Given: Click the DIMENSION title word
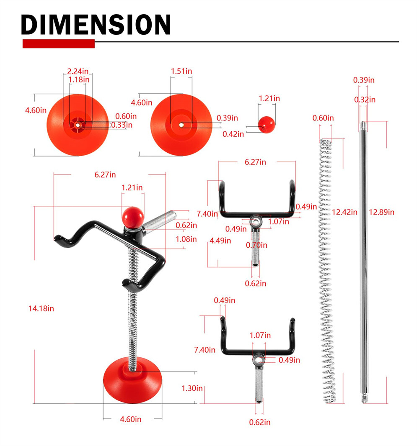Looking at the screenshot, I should [96, 25].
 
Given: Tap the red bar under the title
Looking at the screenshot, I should [59, 44].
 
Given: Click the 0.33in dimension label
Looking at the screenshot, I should [122, 125].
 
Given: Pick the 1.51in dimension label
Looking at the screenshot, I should [181, 71].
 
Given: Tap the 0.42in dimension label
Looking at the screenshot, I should [233, 134].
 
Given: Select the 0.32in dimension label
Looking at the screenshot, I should [364, 100].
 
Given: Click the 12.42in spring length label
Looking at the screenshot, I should [344, 212].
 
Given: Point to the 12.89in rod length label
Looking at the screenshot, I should [381, 212].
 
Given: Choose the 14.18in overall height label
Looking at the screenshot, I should [41, 309].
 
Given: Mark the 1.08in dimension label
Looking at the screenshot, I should [186, 239].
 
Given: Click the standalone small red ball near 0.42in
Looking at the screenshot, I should [266, 124].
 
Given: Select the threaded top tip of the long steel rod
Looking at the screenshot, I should [364, 125].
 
